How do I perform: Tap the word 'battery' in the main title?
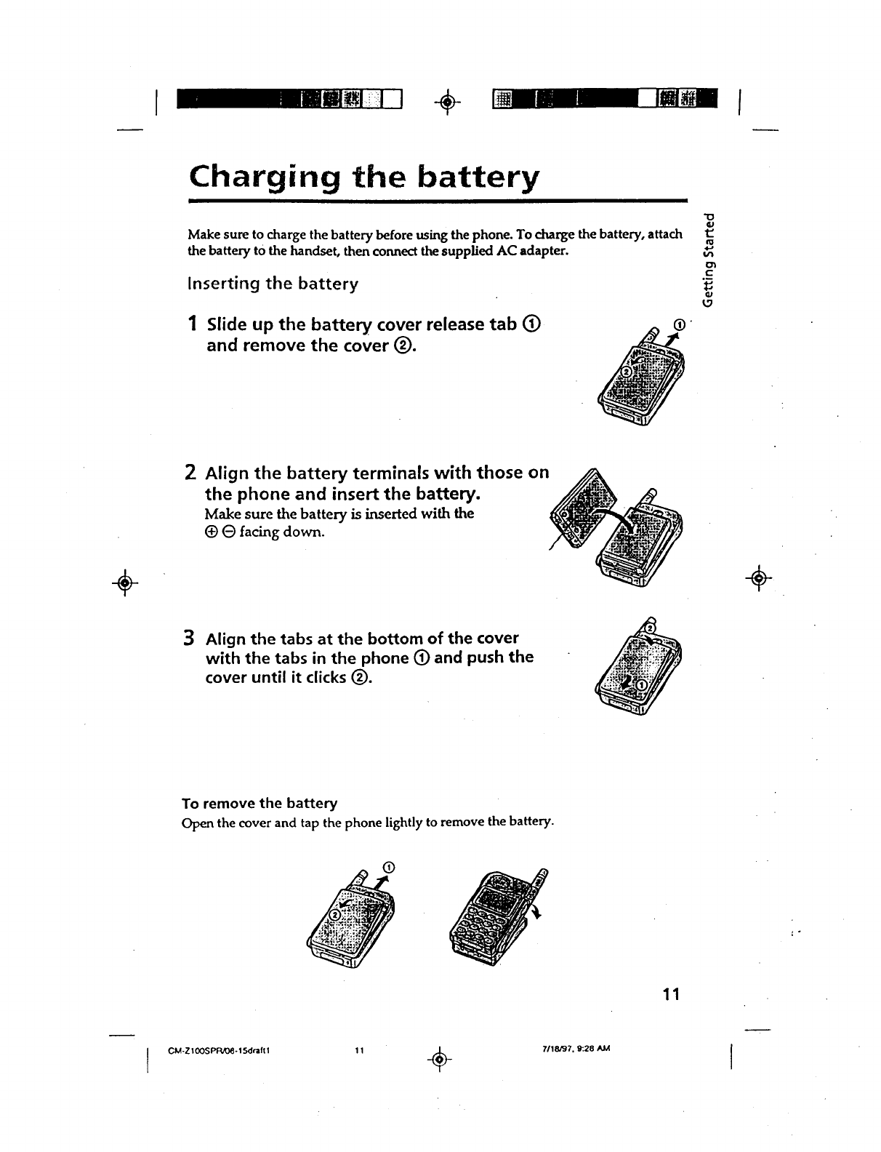[464, 176]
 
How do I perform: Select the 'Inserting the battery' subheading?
[273, 284]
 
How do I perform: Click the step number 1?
[193, 324]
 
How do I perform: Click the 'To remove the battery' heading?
[260, 803]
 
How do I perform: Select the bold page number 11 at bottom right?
[670, 994]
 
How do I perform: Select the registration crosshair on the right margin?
[759, 579]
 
